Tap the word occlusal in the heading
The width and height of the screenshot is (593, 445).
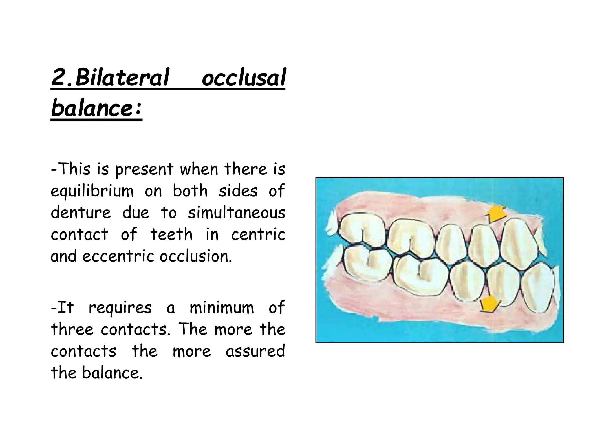tap(244, 78)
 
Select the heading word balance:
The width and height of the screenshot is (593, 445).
tap(96, 108)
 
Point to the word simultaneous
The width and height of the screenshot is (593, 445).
tap(237, 213)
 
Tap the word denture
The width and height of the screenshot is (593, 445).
tap(81, 213)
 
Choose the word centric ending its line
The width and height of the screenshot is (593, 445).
tap(258, 235)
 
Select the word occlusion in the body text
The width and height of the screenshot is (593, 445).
tap(196, 256)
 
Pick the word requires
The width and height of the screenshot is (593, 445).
tap(120, 308)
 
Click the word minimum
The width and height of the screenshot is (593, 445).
tap(222, 307)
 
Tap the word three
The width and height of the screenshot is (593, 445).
tap(72, 329)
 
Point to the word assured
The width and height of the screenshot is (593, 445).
tap(255, 351)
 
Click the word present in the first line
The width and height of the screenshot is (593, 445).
tap(144, 169)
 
